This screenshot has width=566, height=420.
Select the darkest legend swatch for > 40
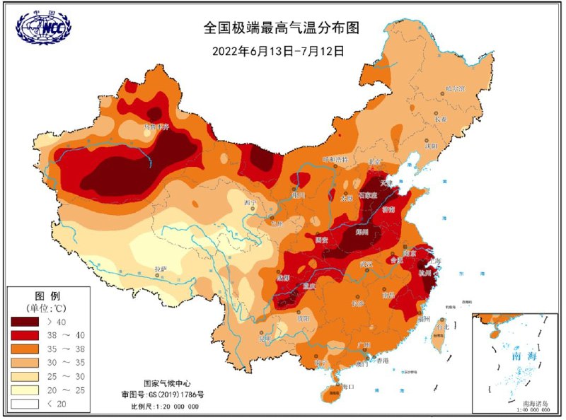tap(26, 321)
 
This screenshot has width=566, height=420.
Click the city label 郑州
tap(363, 232)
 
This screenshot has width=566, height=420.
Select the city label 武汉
tap(366, 264)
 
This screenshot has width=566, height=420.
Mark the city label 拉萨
tap(161, 270)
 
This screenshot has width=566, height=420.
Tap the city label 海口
tap(346, 387)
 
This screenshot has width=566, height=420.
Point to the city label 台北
tap(442, 327)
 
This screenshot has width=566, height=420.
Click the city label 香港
tap(383, 361)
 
